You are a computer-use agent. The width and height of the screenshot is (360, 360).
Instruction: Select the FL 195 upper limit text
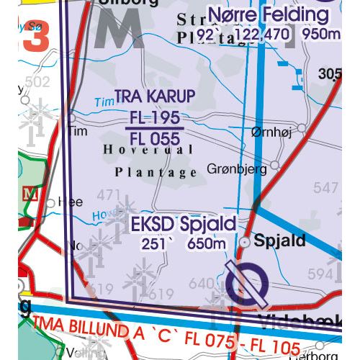click(155, 118)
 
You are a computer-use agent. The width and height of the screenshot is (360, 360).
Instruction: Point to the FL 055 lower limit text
click(155, 138)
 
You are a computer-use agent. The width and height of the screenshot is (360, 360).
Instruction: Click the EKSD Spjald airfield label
click(184, 225)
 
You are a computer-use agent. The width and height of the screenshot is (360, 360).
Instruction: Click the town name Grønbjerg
click(237, 168)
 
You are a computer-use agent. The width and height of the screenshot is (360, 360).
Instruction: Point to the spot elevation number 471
click(109, 194)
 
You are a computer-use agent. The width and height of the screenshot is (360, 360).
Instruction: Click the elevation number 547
click(325, 188)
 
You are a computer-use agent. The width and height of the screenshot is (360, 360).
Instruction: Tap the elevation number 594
click(317, 274)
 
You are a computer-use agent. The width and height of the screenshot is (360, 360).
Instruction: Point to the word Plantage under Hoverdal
click(156, 173)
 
